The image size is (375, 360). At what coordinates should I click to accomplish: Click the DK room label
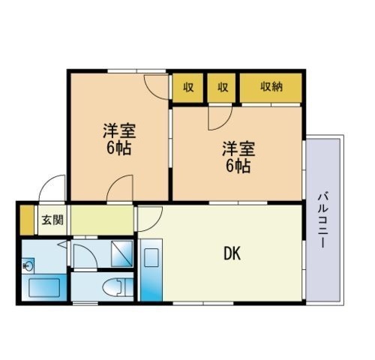[x=232, y=253]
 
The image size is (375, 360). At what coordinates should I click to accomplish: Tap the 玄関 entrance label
[x=52, y=220]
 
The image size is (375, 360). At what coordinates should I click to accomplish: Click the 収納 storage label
[x=271, y=87]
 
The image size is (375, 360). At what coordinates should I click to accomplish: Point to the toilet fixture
[x=118, y=287]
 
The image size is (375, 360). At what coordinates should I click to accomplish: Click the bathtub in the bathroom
[x=44, y=288]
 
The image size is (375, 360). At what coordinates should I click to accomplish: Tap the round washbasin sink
[x=28, y=265]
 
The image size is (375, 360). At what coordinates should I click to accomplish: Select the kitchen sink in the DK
[x=151, y=257]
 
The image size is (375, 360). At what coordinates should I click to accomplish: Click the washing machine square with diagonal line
[x=121, y=253]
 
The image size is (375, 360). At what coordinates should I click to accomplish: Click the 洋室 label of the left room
[x=119, y=130]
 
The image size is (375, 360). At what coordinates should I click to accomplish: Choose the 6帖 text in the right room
[x=238, y=166]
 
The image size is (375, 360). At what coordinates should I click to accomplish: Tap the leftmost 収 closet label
[x=188, y=87]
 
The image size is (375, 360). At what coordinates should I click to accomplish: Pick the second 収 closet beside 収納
[x=223, y=87]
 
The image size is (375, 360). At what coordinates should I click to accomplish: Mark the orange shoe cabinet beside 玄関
[x=27, y=220]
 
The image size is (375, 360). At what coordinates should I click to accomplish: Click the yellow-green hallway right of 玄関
[x=102, y=220]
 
